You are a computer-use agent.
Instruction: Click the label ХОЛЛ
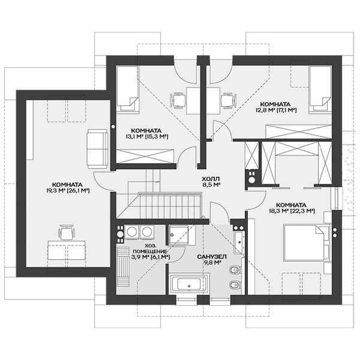[x=211, y=179]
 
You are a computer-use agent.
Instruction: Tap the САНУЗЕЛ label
[x=212, y=256]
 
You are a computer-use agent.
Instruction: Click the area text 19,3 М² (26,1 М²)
[x=67, y=190]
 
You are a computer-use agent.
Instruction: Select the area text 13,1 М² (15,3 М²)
[x=146, y=136]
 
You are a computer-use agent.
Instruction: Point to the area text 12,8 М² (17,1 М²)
[x=276, y=110]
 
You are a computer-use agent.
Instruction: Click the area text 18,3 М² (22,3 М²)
[x=292, y=211]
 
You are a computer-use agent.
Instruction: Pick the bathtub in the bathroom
[x=189, y=283]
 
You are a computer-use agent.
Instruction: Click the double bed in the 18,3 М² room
[x=307, y=242]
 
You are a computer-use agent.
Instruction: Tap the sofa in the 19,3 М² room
[x=97, y=149]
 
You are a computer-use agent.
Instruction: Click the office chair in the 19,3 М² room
[x=67, y=232]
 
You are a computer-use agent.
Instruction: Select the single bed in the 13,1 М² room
[x=128, y=89]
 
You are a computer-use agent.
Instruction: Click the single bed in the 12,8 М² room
[x=320, y=89]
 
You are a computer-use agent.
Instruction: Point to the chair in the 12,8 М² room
[x=228, y=100]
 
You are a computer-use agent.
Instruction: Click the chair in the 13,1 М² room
[x=178, y=100]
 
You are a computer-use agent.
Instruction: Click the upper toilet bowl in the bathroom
[x=235, y=270]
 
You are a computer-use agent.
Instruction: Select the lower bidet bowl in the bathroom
[x=235, y=285]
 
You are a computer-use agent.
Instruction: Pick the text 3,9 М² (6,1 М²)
[x=151, y=257]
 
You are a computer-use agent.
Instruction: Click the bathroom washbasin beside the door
[x=238, y=242]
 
